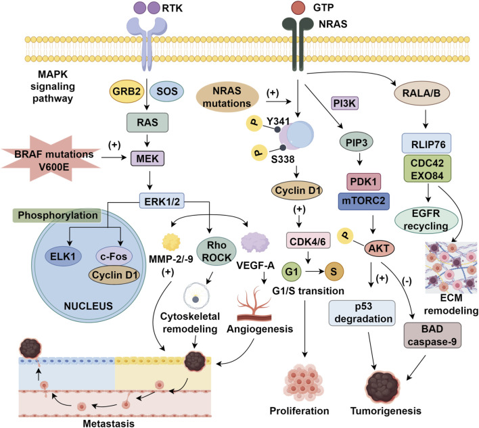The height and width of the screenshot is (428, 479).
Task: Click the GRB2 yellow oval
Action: (127, 91)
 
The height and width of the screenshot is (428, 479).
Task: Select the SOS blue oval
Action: (167, 91)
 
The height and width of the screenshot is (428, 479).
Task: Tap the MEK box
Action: (147, 158)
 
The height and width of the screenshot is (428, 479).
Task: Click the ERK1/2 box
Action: (162, 201)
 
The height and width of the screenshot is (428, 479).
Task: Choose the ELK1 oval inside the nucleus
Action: (63, 256)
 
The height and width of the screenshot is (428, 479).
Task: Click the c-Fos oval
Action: (114, 256)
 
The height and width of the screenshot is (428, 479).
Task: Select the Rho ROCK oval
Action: (216, 252)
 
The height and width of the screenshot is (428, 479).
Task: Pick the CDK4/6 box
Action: (308, 242)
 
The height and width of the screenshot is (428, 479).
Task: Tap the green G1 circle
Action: (292, 271)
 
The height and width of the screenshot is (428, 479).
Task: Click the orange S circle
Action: (334, 271)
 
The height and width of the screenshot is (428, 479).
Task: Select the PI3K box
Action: (344, 103)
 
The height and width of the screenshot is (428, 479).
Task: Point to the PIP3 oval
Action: (356, 142)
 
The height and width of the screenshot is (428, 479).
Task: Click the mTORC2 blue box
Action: (363, 201)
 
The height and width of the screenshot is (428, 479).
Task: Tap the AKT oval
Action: (379, 248)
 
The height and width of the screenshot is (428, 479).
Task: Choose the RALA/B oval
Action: (421, 93)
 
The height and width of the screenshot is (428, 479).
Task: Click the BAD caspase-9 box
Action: (432, 335)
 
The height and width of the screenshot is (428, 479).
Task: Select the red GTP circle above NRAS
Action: (298, 7)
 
